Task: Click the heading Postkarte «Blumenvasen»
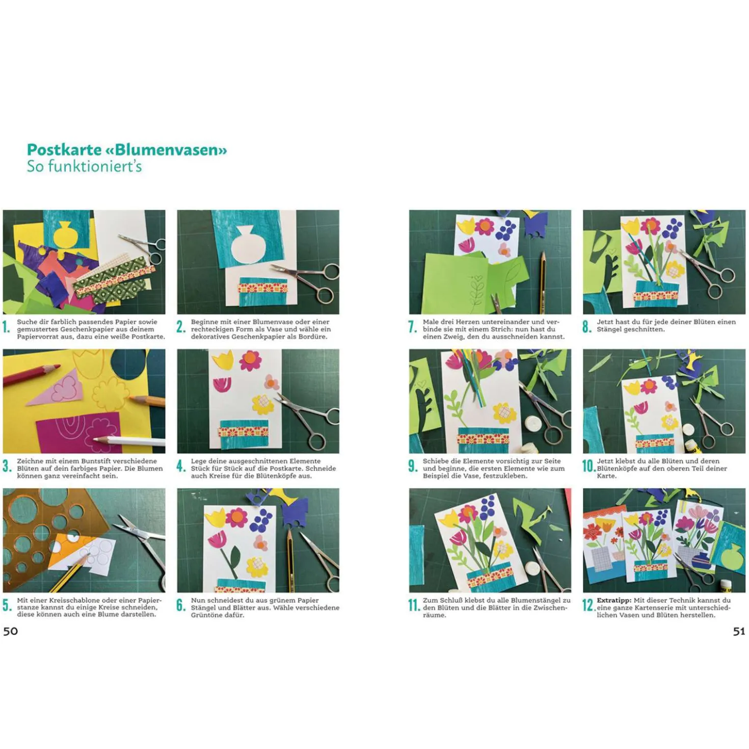(x=127, y=150)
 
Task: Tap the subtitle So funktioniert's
(x=84, y=167)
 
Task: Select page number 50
(x=11, y=630)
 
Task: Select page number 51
(x=739, y=631)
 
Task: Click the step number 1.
(x=6, y=327)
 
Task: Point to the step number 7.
(x=413, y=327)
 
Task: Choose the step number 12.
(x=588, y=605)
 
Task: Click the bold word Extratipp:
(x=613, y=600)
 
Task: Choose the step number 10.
(x=588, y=466)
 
